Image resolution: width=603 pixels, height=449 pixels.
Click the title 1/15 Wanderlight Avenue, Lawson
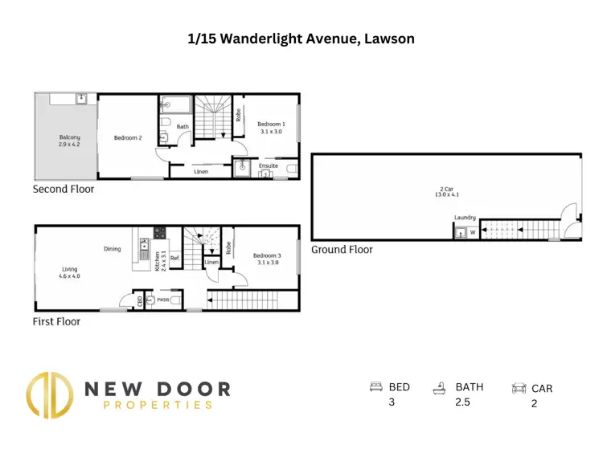tap(301, 38)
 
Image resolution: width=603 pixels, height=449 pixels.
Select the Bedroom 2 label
tap(128, 137)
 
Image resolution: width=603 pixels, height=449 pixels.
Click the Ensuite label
tap(268, 165)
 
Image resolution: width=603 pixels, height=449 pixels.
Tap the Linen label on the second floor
tap(203, 171)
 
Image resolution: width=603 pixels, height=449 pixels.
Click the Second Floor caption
tap(63, 190)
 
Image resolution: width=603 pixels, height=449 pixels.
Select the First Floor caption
tap(57, 321)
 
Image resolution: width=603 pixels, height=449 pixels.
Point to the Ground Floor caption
tap(343, 250)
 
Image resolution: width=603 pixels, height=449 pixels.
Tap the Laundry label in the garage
tap(465, 218)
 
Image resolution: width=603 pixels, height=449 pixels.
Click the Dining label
tap(113, 249)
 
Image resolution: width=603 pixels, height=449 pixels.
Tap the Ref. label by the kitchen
tap(174, 259)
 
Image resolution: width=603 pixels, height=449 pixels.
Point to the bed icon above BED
tap(375, 387)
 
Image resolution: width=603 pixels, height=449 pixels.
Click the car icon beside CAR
tap(519, 389)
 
